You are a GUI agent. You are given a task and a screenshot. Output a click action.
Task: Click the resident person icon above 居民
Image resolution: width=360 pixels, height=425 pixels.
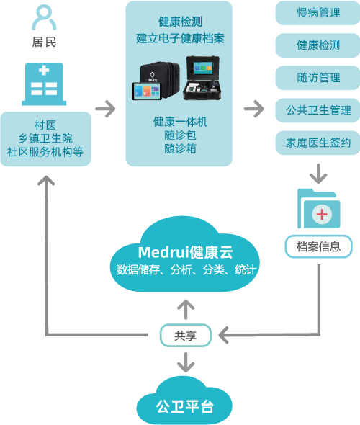44,17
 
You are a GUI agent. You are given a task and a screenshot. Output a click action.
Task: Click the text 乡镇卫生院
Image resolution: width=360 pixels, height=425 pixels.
45,138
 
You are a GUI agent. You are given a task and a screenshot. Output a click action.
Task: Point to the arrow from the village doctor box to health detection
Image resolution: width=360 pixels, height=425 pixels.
105,109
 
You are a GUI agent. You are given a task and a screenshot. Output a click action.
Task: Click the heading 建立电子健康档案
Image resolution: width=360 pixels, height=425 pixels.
180,38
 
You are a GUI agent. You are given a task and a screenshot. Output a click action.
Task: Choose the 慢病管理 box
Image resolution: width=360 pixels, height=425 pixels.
318,12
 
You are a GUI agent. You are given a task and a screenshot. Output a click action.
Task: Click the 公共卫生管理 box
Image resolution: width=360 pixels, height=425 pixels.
318,110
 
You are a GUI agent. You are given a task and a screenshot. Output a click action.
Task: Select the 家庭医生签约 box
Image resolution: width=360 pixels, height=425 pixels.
318,143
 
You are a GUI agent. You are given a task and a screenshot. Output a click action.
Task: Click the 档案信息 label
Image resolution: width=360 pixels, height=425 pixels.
318,247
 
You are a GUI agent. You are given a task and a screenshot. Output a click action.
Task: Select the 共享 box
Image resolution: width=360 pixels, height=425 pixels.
186,335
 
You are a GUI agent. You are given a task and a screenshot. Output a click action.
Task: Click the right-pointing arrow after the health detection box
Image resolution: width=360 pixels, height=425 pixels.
253,109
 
